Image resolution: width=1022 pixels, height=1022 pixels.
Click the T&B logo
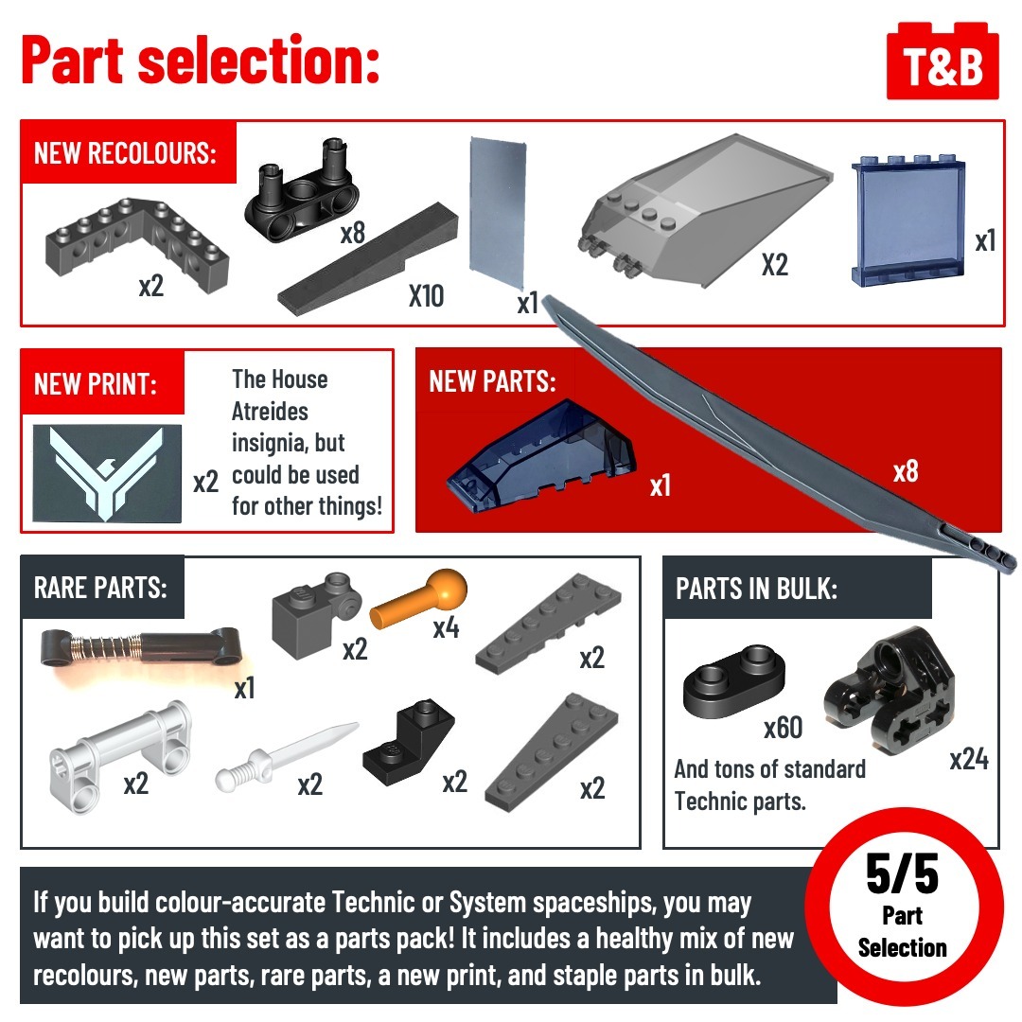(x=943, y=61)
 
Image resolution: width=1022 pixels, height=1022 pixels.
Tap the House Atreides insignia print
(x=107, y=473)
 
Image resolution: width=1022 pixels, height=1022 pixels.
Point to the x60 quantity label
(x=783, y=728)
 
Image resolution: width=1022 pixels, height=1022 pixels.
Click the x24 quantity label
(x=969, y=759)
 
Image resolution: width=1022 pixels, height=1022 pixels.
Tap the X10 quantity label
(x=426, y=296)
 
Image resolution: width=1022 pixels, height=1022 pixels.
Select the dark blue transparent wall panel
(x=908, y=220)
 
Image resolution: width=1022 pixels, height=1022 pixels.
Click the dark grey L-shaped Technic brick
(x=137, y=244)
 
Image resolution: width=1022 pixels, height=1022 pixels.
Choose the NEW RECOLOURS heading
(x=125, y=154)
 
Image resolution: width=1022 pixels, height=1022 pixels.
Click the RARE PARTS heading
(x=100, y=588)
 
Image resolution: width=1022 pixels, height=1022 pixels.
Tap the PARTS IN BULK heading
(x=756, y=590)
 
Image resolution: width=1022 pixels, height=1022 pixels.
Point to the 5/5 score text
(x=903, y=874)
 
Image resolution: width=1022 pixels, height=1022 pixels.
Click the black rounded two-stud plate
(x=734, y=681)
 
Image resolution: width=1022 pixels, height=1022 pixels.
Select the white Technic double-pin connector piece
(x=120, y=756)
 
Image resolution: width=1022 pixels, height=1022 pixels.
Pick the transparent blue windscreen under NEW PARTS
(x=541, y=455)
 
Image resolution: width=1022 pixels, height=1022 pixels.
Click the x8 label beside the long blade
(x=906, y=471)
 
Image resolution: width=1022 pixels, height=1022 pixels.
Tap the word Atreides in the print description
(x=270, y=412)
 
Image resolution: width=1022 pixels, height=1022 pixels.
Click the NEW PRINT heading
(x=96, y=384)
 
